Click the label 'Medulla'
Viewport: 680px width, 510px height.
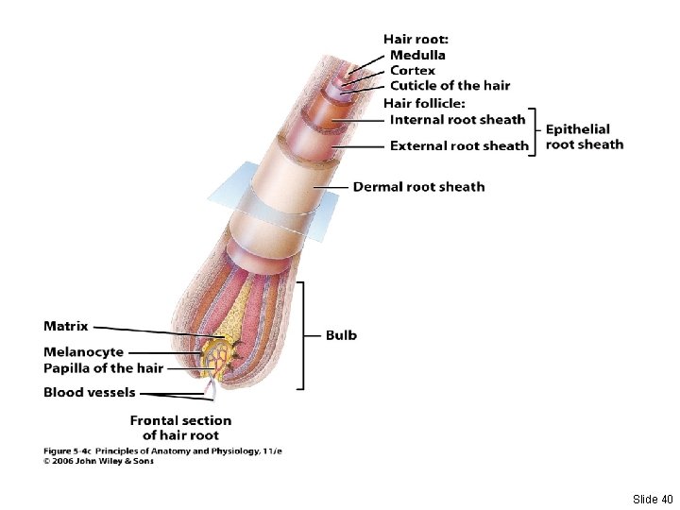418,55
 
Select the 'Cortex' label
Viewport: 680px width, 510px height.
413,70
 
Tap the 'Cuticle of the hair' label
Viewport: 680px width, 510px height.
450,85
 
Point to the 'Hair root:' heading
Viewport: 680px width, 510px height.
416,39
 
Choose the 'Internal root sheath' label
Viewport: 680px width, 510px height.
457,119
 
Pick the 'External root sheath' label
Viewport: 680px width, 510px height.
459,145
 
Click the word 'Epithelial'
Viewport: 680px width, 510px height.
578,128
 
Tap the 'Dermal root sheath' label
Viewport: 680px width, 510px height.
418,186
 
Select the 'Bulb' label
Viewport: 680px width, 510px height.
341,334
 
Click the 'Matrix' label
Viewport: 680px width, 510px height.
66,326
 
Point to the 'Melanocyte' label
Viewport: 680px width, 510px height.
83,352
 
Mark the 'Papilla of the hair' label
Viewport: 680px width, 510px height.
103,367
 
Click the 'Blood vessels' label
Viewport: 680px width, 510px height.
89,392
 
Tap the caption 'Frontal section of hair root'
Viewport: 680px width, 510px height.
180,428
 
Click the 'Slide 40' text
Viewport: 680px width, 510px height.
653,499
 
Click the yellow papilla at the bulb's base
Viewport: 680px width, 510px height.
220,358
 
